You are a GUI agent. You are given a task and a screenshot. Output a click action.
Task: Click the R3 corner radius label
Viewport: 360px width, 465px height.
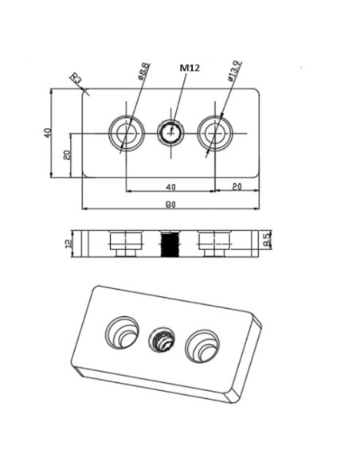point(76,78)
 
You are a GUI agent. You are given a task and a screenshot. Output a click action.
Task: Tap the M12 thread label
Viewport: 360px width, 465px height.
point(189,68)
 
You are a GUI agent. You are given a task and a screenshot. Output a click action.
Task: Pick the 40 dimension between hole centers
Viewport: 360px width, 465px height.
point(170,186)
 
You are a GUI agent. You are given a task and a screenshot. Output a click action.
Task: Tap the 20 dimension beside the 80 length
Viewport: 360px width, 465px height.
point(237,186)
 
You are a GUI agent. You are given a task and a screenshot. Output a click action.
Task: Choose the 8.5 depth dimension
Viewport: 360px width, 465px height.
point(268,238)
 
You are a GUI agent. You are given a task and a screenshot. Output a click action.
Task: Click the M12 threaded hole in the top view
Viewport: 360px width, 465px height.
point(170,131)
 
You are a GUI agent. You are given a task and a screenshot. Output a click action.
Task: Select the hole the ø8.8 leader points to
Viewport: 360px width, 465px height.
point(126,132)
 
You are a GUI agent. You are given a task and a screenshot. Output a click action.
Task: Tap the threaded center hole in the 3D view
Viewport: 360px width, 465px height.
point(162,340)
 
